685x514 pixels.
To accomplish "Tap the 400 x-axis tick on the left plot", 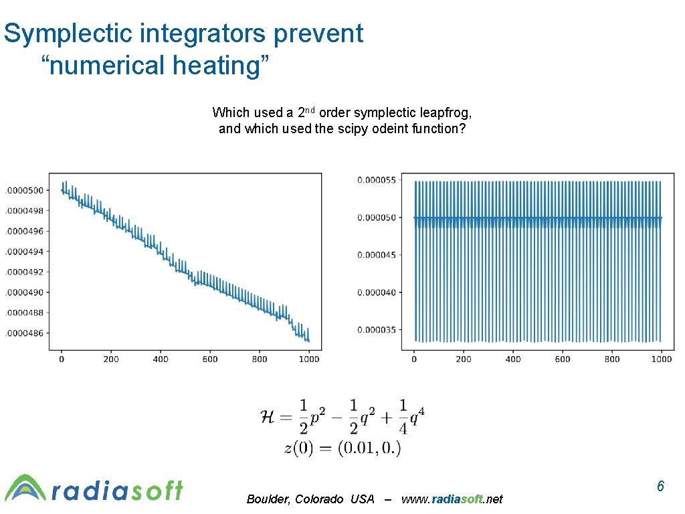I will [161, 359].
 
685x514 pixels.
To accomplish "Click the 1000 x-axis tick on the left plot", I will [308, 359].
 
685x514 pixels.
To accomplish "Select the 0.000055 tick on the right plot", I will [376, 180].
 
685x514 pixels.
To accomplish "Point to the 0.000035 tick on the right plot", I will [376, 329].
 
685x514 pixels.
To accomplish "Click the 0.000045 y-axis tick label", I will [376, 255].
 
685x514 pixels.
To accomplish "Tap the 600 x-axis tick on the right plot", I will [563, 359].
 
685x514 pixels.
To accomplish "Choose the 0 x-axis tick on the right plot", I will [414, 359].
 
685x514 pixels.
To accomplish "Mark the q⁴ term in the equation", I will [416, 418].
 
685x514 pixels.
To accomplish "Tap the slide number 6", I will [660, 487].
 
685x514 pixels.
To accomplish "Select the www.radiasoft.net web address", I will [452, 499].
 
